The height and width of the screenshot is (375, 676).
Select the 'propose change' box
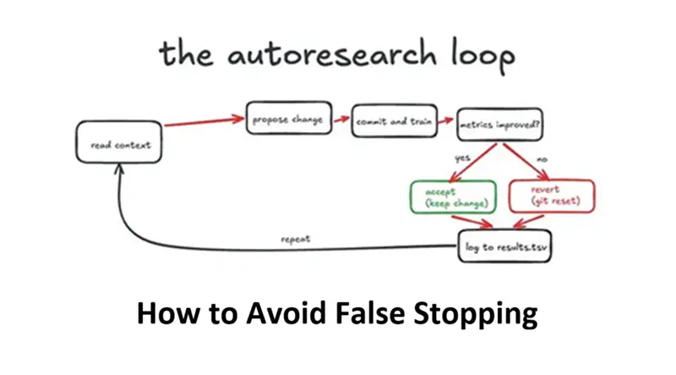pyautogui.click(x=288, y=119)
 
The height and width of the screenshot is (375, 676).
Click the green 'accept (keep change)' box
pyautogui.click(x=452, y=196)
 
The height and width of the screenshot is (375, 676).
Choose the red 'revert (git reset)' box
pyautogui.click(x=552, y=196)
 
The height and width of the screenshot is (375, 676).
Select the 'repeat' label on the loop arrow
pyautogui.click(x=295, y=240)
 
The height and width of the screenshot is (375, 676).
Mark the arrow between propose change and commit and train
pyautogui.click(x=341, y=120)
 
